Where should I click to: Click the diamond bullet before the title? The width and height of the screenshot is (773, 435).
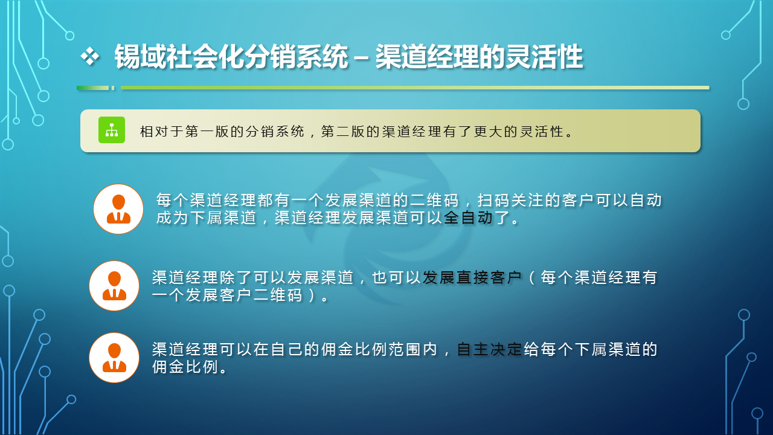click(90, 56)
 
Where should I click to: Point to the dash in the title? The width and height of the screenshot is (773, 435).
click(361, 57)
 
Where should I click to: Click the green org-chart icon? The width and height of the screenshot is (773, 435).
click(112, 130)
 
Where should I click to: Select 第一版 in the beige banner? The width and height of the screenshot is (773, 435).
click(207, 132)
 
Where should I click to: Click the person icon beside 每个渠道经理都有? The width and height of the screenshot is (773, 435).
click(118, 209)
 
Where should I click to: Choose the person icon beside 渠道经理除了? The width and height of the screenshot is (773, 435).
click(114, 286)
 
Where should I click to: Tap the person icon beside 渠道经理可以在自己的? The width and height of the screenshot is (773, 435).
click(114, 358)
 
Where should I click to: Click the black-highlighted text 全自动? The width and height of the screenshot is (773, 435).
click(468, 218)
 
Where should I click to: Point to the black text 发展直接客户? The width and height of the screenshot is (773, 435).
click(472, 277)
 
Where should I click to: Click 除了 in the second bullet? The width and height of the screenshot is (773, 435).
click(236, 277)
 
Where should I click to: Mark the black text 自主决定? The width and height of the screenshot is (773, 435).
click(489, 349)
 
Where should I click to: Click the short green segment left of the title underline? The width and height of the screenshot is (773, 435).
click(93, 88)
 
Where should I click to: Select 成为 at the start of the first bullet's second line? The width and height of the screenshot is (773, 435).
click(172, 218)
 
